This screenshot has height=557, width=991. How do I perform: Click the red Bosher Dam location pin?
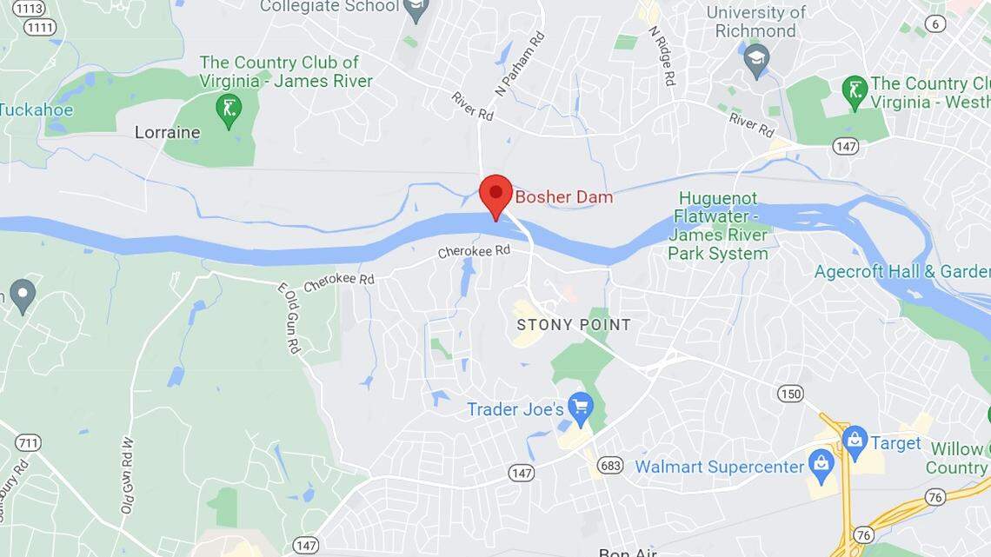click(x=496, y=194)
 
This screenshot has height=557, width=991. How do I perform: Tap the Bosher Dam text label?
click(x=563, y=197)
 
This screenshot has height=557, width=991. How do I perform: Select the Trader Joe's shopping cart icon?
click(x=580, y=406)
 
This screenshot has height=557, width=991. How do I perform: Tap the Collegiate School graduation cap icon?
click(x=416, y=10)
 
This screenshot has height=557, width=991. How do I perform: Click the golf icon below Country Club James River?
click(x=229, y=109)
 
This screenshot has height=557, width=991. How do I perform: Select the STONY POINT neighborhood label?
click(x=574, y=325)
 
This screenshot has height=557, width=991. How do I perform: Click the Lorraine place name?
click(x=167, y=133)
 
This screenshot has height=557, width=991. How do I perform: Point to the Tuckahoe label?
click(x=37, y=110)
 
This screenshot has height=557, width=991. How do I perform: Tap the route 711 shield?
click(x=28, y=443)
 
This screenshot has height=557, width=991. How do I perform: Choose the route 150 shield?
click(x=790, y=394)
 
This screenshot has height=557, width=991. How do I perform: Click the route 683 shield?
click(x=610, y=466)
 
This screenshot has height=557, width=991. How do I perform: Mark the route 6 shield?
click(x=935, y=23)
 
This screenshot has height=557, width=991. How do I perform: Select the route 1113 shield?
click(x=30, y=8)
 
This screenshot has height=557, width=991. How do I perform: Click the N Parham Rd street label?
click(x=520, y=63)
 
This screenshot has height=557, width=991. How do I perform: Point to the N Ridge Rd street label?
click(x=662, y=55)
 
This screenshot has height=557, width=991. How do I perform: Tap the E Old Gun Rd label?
click(x=289, y=318)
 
